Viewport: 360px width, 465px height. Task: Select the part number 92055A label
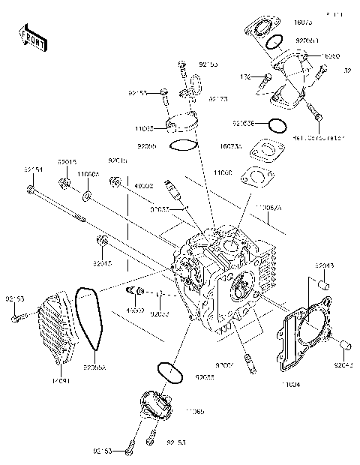(x=94, y=367)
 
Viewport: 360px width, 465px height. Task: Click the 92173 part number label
(x=217, y=98)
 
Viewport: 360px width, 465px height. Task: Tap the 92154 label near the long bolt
(x=33, y=169)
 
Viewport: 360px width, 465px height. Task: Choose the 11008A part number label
(x=88, y=173)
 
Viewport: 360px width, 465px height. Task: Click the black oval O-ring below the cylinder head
(x=166, y=371)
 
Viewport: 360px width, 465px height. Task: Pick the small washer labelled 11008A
(x=88, y=196)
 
